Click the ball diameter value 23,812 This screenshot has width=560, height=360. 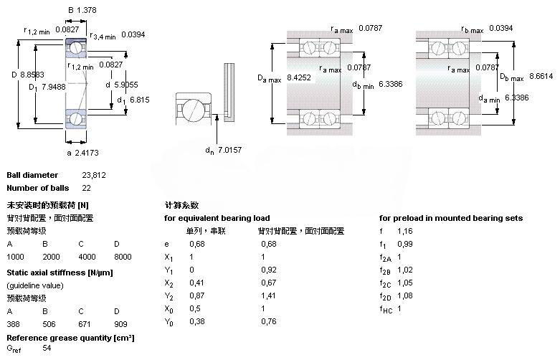pyautogui.click(x=94, y=175)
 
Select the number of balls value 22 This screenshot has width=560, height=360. pyautogui.click(x=87, y=188)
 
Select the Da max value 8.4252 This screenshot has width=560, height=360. pyautogui.click(x=298, y=76)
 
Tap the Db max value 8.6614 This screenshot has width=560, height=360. pyautogui.click(x=538, y=76)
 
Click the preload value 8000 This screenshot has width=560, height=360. pyautogui.click(x=123, y=257)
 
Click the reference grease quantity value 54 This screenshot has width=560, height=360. pyautogui.click(x=47, y=349)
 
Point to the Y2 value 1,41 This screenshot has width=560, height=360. pyautogui.click(x=268, y=295)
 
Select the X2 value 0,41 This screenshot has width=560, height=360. pyautogui.click(x=196, y=283)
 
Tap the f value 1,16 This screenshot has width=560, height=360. pyautogui.click(x=405, y=232)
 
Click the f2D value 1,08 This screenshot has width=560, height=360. pyautogui.click(x=405, y=295)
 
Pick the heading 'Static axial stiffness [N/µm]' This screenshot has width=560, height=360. pyautogui.click(x=60, y=273)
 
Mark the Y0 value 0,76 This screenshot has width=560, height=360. pyautogui.click(x=268, y=322)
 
